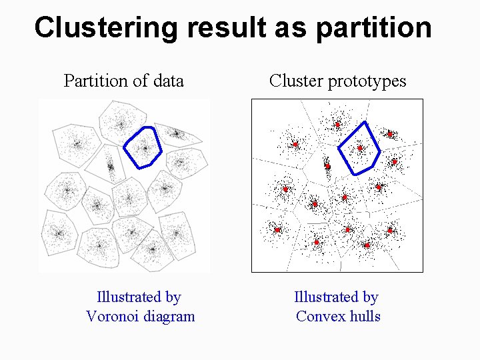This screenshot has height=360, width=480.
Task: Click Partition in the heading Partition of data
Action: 95,81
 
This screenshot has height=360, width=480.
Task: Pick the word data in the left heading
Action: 167,81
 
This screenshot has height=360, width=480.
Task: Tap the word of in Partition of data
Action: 140,81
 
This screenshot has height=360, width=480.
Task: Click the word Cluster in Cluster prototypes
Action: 296,81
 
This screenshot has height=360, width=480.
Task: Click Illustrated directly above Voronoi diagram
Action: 139,297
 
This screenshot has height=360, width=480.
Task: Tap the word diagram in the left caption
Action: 170,316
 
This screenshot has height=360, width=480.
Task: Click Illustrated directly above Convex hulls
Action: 336,297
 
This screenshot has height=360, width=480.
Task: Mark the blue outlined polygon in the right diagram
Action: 359,148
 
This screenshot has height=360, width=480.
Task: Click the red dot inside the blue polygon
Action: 360,148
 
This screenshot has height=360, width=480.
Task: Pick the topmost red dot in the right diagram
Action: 337,125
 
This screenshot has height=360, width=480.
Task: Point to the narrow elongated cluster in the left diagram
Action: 111,163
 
